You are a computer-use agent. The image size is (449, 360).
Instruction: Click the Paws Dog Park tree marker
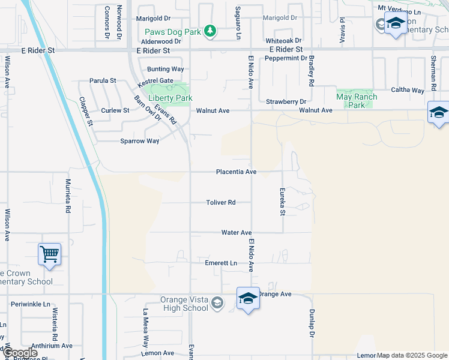coord(209,31)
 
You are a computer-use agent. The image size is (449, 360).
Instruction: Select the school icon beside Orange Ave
coord(248,299)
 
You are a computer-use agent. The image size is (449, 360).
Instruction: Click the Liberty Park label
coord(170,98)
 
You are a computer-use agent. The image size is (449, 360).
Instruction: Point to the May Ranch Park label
coord(357,101)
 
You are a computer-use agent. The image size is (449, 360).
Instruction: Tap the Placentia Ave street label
coord(237,172)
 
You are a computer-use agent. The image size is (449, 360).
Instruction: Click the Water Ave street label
coord(236,232)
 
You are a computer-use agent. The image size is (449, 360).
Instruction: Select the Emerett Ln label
coord(221,263)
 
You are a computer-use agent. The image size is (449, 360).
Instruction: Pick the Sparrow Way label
coord(140,141)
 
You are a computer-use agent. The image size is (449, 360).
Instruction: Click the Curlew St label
coord(115,110)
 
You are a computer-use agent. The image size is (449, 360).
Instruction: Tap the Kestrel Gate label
coord(155,80)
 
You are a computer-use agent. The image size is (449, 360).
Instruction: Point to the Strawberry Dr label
coord(286,102)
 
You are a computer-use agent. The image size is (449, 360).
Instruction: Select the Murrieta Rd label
coord(68,197)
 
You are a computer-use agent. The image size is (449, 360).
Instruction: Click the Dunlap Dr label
coord(312,323)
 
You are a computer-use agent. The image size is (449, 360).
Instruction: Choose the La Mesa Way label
coord(145,328)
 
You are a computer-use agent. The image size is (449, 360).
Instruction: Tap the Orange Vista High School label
coord(184,304)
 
